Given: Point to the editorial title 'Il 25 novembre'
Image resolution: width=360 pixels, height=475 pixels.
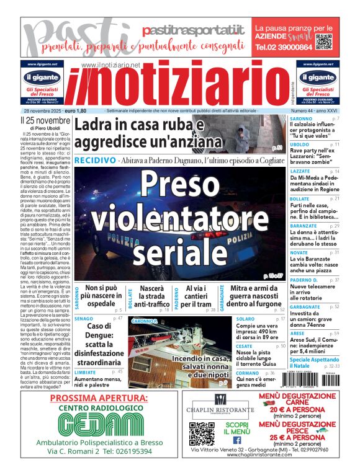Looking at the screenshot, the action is tap(45, 120).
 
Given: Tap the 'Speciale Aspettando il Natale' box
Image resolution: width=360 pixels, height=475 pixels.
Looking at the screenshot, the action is tap(315, 363).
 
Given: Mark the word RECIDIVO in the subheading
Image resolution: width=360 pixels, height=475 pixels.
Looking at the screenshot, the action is tap(94, 160).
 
